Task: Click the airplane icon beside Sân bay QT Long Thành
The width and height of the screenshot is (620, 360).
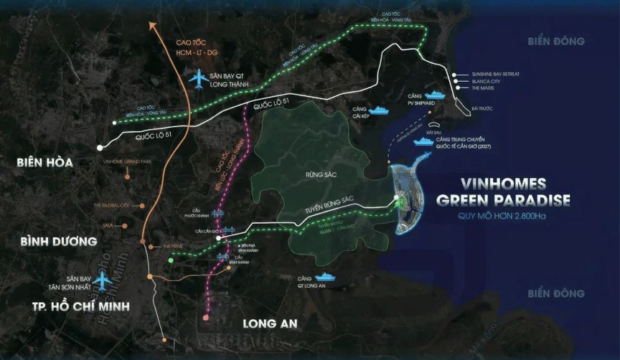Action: (197, 79)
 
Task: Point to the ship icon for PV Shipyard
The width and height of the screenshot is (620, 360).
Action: (435, 95)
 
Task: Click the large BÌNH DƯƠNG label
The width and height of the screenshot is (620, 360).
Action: (49, 242)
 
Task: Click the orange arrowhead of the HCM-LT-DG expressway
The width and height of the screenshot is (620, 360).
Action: (153, 27)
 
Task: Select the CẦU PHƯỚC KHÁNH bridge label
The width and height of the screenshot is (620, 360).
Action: (196, 213)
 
